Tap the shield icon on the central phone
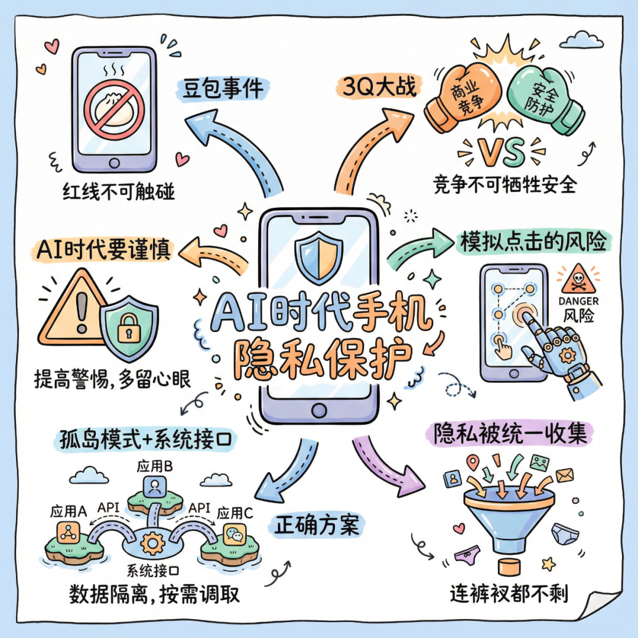click(x=318, y=258)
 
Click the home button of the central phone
click(x=318, y=410)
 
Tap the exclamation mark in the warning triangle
click(x=81, y=311)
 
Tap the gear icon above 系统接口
click(x=154, y=541)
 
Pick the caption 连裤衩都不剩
click(x=509, y=593)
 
